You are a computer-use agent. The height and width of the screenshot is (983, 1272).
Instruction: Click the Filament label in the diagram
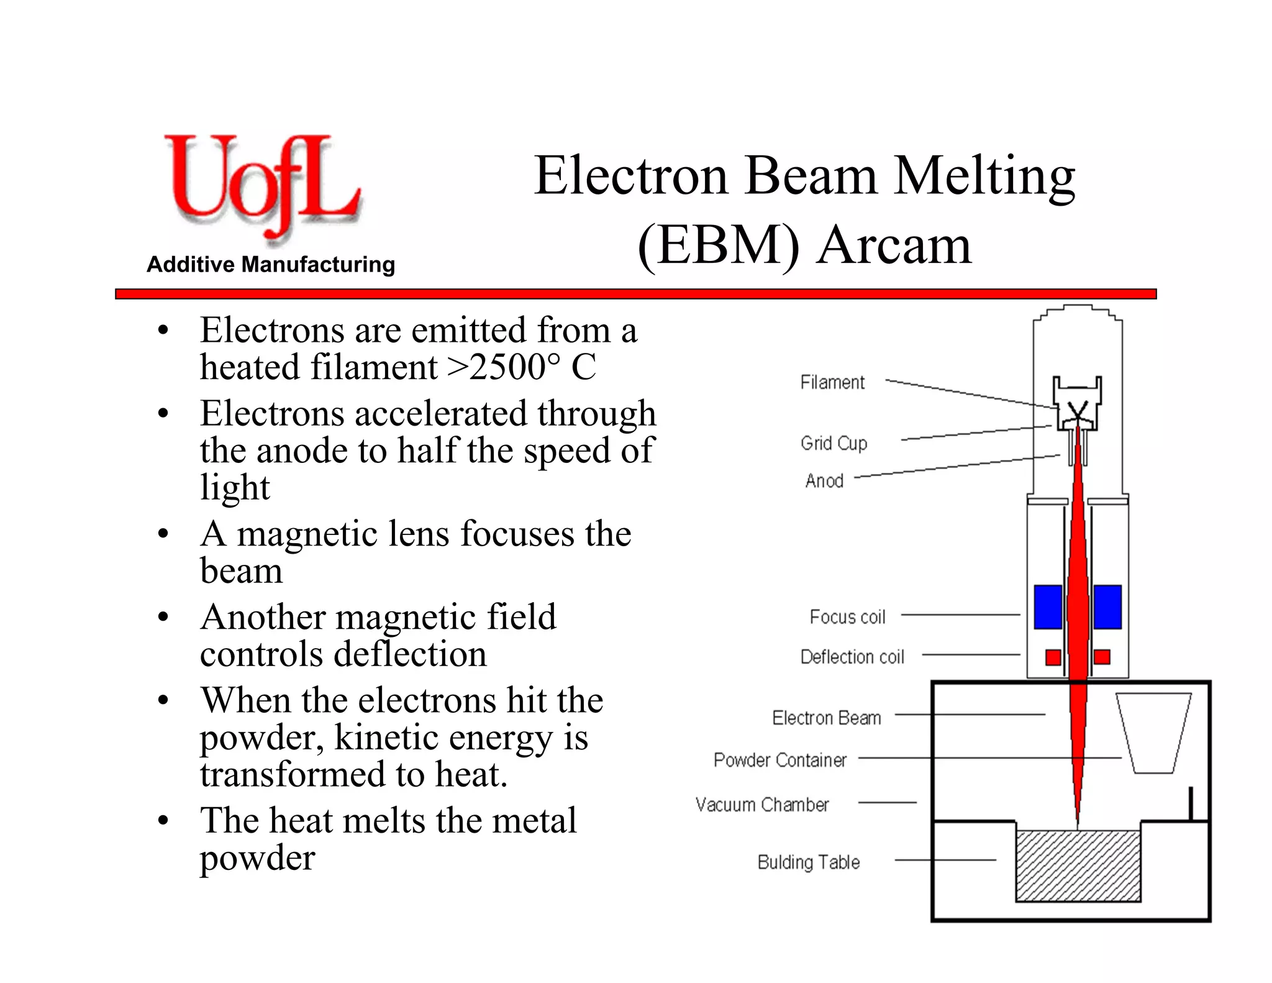[832, 382]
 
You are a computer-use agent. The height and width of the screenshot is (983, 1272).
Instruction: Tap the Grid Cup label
[834, 443]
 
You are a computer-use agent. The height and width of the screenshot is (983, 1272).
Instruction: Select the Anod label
[824, 480]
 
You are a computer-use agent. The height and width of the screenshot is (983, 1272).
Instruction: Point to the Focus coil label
[847, 617]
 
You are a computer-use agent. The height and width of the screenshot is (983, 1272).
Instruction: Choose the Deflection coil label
[852, 657]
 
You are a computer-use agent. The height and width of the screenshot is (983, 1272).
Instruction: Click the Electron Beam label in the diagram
[827, 718]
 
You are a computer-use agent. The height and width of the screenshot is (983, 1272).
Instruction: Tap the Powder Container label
[780, 760]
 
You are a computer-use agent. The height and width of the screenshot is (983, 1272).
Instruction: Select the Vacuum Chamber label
[762, 805]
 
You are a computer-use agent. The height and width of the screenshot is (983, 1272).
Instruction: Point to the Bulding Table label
[809, 862]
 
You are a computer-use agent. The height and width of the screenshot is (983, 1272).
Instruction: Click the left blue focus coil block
[1048, 607]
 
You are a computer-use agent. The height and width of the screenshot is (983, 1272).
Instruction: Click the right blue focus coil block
[1107, 607]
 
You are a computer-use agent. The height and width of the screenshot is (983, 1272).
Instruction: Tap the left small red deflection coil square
[1053, 657]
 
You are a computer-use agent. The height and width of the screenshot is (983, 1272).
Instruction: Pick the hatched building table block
[1078, 867]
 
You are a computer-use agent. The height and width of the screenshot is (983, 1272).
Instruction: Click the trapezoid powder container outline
[1153, 733]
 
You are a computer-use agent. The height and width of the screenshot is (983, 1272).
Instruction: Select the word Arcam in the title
[894, 245]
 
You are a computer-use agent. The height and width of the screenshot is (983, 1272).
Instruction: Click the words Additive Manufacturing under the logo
[271, 265]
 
